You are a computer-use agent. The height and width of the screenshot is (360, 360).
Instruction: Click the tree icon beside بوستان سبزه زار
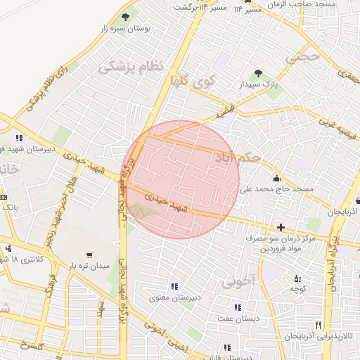(x=126, y=15)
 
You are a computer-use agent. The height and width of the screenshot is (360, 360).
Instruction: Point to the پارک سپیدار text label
(x=258, y=85)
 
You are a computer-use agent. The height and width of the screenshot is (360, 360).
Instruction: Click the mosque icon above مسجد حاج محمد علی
(x=276, y=177)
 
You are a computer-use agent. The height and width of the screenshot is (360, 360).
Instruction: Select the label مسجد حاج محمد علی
(x=276, y=189)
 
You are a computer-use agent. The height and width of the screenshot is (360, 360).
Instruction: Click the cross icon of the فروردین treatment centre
(x=281, y=226)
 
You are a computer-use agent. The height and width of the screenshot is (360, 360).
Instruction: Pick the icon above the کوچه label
(x=296, y=278)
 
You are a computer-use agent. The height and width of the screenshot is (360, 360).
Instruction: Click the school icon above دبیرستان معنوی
(x=174, y=286)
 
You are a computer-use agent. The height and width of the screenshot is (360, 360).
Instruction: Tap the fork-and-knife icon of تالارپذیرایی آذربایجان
(x=319, y=325)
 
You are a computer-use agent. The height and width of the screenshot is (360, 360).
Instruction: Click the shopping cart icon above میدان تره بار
(x=89, y=255)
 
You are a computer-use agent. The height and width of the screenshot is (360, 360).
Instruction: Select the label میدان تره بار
(x=89, y=266)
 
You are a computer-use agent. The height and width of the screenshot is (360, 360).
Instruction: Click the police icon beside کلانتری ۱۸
(x=8, y=247)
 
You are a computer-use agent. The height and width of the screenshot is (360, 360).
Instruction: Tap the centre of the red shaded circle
(x=184, y=179)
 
